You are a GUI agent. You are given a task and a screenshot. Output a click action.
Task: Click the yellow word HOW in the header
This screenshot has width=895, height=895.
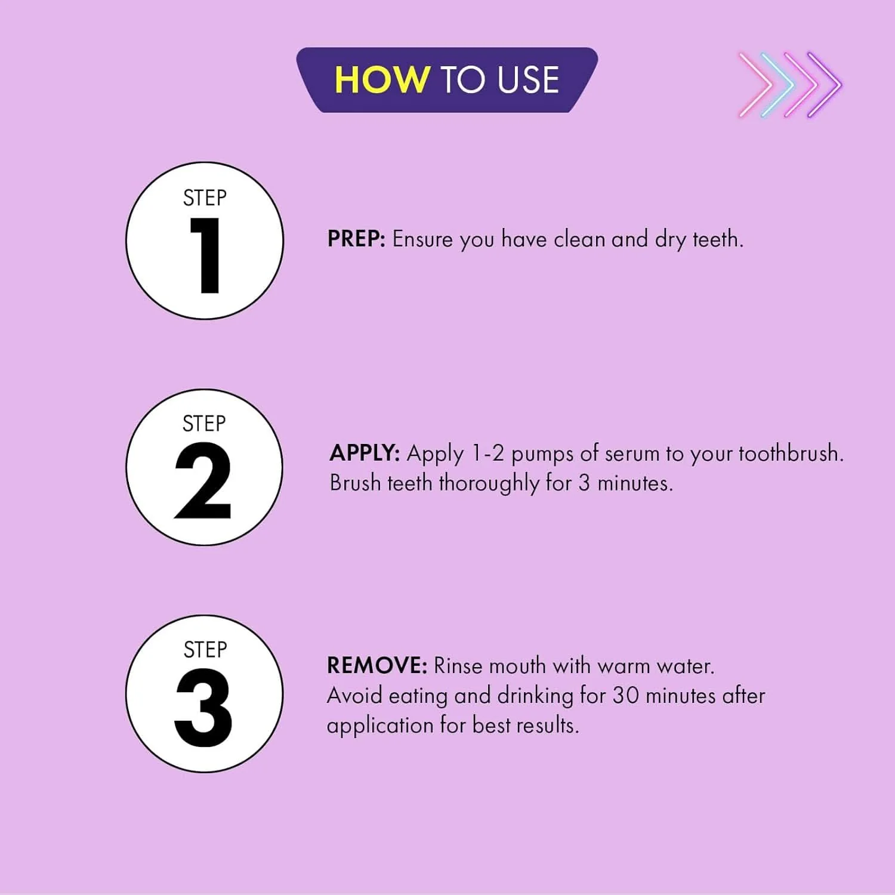pos(382,80)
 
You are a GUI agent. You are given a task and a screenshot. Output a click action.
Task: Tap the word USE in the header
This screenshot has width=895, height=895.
pos(528,80)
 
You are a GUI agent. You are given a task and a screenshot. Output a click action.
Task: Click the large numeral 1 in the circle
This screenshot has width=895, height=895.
pos(206,255)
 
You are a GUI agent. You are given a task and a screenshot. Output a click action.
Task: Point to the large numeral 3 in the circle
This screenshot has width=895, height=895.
pos(203,708)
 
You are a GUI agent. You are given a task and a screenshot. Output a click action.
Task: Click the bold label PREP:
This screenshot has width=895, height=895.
pos(356,239)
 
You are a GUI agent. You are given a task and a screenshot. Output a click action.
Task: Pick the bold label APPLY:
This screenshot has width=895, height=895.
pos(365,453)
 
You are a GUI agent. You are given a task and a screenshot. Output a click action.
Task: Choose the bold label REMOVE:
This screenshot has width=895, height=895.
pos(377,665)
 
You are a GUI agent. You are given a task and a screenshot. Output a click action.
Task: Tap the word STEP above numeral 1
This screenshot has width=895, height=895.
pos(205,198)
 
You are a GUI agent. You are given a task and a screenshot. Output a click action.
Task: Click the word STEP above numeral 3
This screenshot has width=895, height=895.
pos(205,650)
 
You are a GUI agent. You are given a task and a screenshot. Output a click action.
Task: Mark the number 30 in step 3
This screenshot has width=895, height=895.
pos(626,696)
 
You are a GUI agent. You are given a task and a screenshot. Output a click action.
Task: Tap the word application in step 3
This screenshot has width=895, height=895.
pos(380,726)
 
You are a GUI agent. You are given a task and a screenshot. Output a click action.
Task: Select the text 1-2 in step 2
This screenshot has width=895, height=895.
pos(488,453)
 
